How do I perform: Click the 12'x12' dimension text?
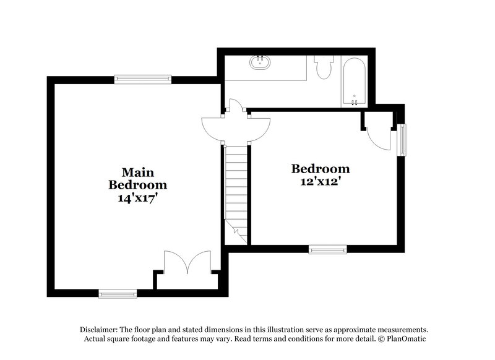pos(321,182)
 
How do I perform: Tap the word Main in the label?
pos(137,171)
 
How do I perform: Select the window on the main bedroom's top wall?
pos(143,79)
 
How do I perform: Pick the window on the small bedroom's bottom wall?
pos(328,250)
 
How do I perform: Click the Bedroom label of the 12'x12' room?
pos(321,169)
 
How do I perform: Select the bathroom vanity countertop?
pos(266,67)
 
